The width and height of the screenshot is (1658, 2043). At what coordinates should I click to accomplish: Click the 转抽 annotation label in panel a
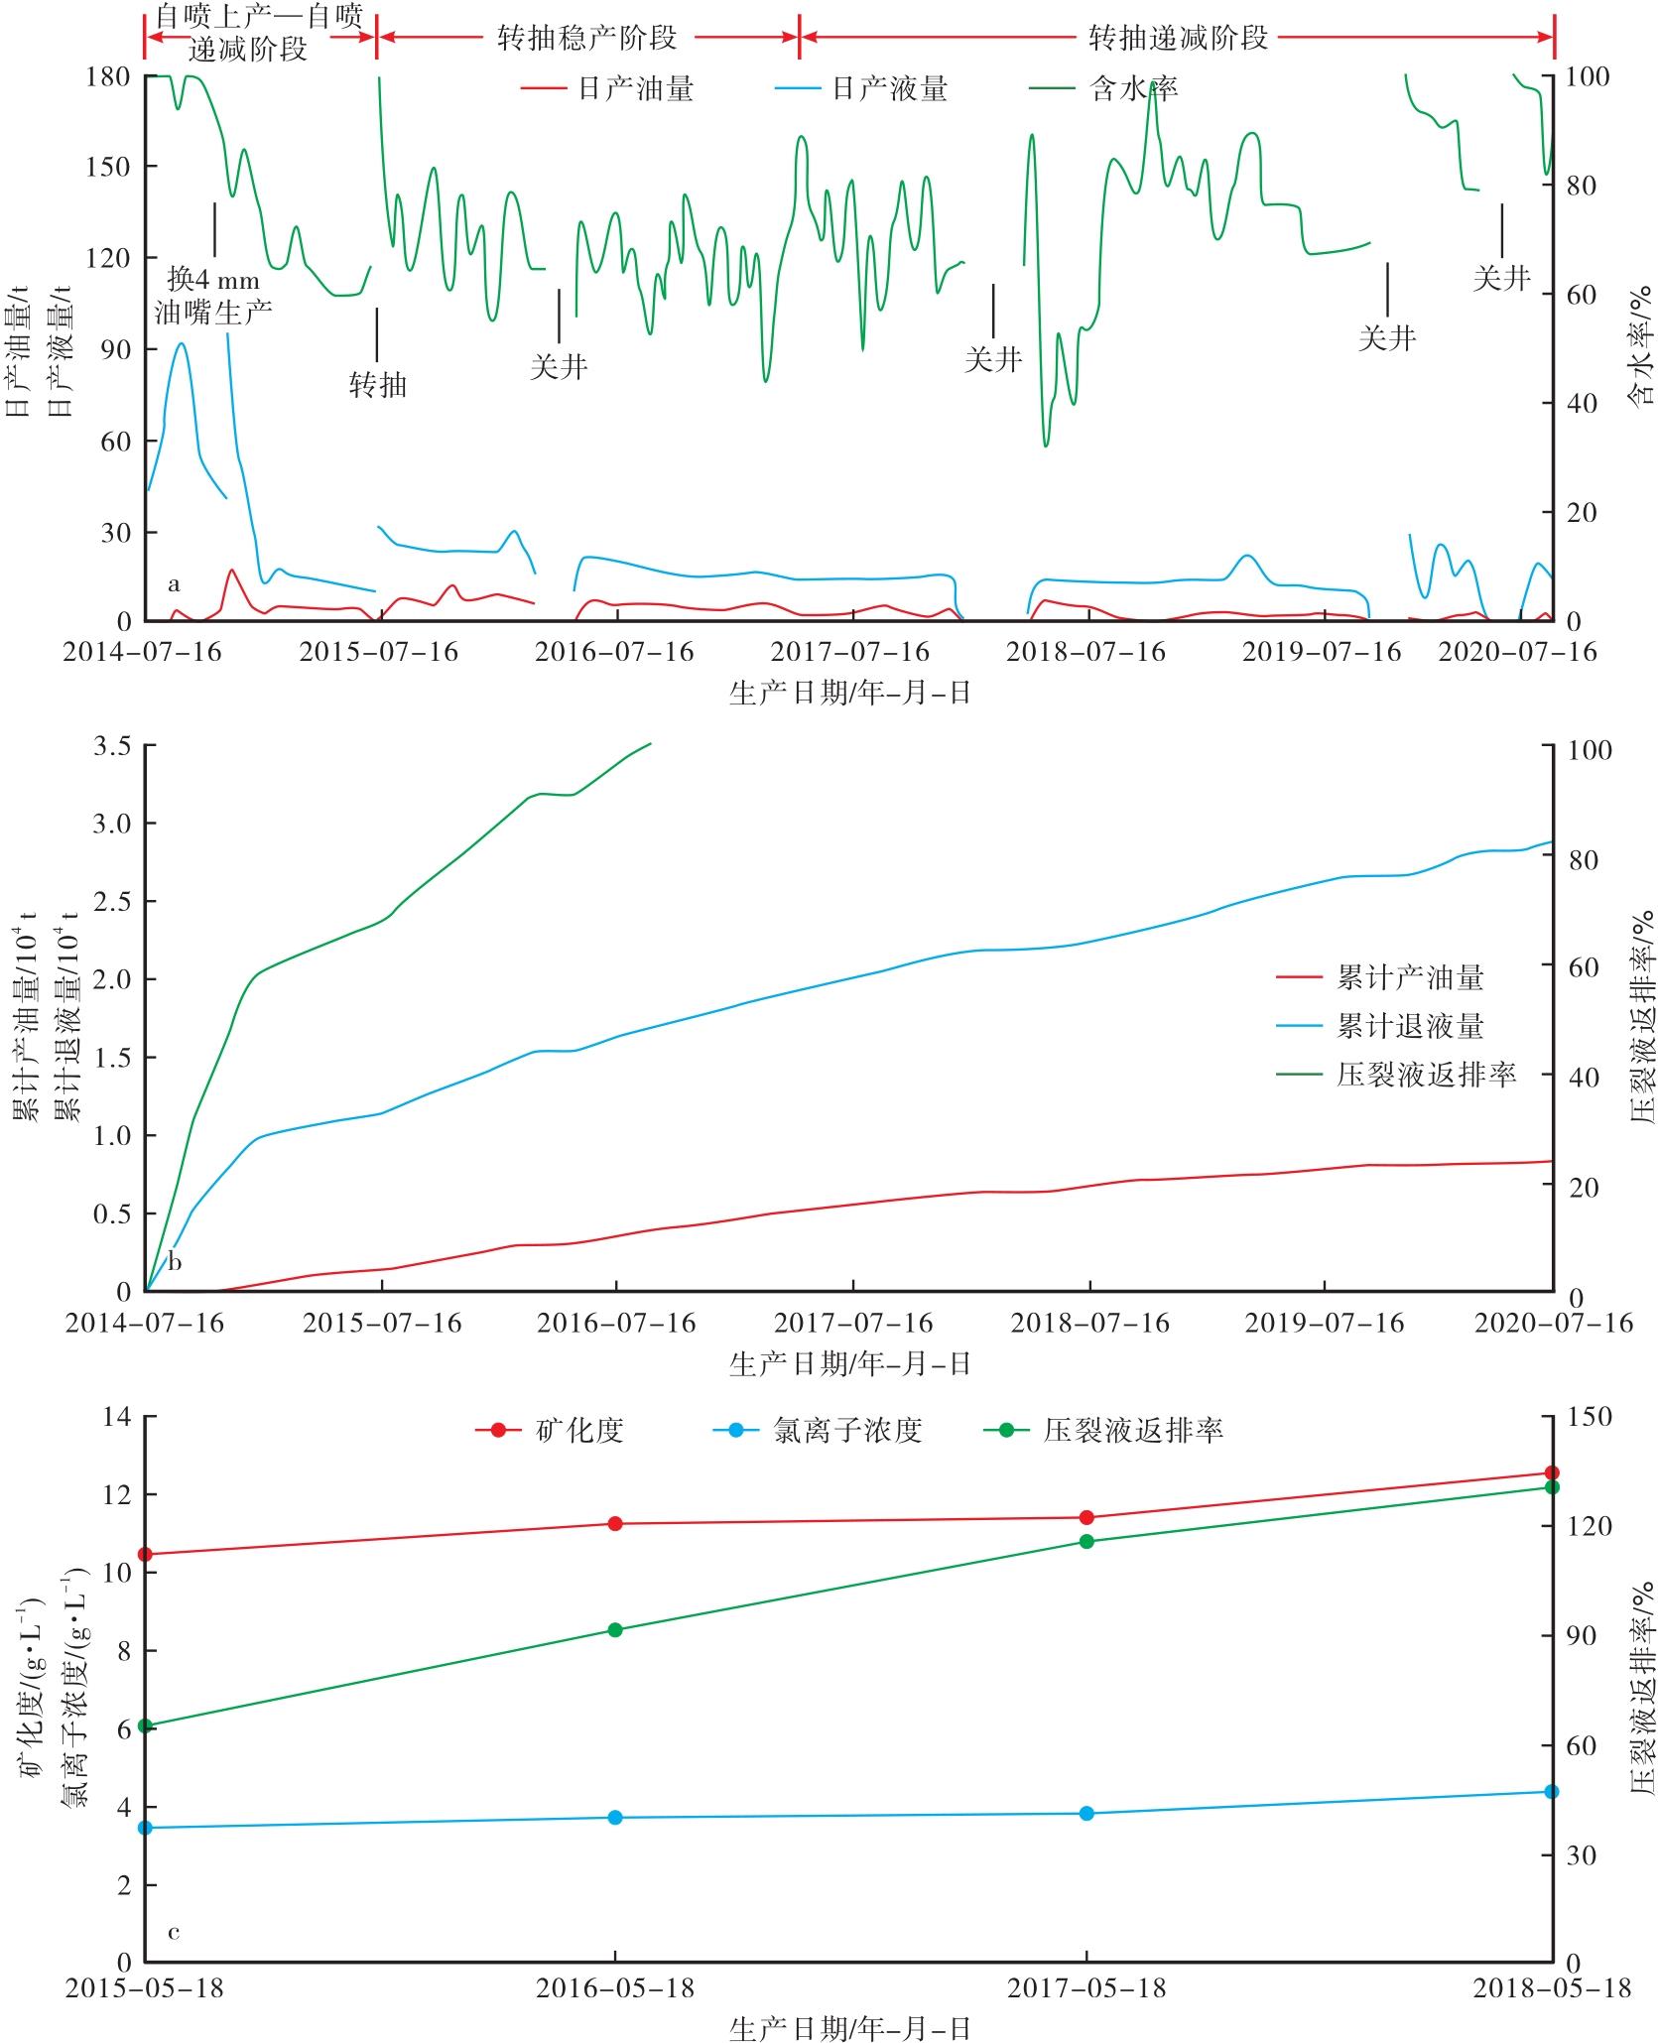pos(378,384)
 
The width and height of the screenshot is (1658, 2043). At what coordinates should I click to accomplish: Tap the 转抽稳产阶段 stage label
pos(586,38)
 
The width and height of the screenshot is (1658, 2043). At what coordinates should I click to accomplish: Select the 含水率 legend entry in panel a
pos(1134,89)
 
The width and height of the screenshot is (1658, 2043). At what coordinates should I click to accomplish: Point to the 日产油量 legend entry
pos(636,89)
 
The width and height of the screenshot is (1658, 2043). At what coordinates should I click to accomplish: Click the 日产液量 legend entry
pos(889,89)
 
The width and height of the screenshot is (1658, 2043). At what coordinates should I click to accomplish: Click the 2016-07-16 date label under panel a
pos(615,651)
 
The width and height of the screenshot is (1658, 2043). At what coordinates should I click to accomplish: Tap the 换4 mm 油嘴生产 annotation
pos(213,296)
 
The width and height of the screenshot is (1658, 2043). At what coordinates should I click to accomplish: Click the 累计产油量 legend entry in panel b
pos(1410,978)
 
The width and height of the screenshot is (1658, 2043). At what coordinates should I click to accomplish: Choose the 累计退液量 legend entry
pos(1410,1026)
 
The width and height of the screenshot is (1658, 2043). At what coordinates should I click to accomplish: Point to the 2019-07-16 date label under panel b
pos(1325,1323)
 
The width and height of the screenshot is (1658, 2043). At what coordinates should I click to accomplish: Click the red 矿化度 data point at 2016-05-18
pos(615,1523)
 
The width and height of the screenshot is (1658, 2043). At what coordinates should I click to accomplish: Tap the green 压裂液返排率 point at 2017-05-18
pos(1086,1541)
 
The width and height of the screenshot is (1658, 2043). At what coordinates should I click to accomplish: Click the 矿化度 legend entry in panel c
pos(579,1430)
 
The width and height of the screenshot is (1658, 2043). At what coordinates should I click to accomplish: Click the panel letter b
pos(175,1262)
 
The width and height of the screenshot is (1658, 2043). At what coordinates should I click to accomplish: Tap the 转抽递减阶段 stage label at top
pos(1179,38)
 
